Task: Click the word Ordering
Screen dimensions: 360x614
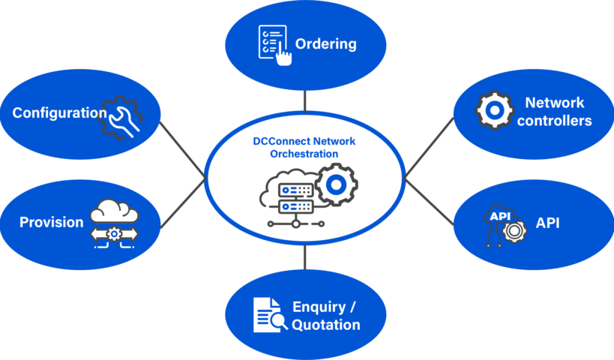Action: (325, 43)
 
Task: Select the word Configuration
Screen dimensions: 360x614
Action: (59, 113)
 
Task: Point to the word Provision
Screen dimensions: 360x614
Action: (51, 222)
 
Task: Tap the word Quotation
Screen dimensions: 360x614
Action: (325, 325)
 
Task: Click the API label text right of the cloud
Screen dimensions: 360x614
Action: (547, 223)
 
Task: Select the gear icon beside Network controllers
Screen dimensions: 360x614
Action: (495, 110)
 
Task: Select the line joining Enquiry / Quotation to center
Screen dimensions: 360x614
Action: (305, 257)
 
